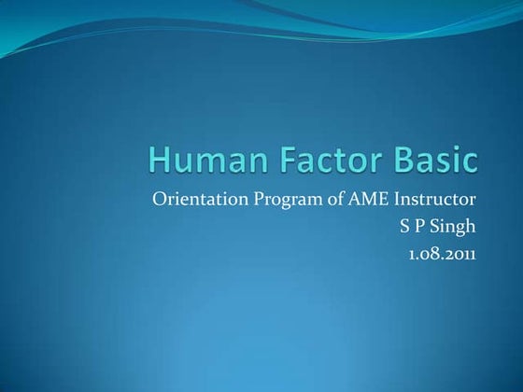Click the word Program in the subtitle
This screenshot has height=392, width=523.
(281, 200)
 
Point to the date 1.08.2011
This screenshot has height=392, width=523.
(442, 250)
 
